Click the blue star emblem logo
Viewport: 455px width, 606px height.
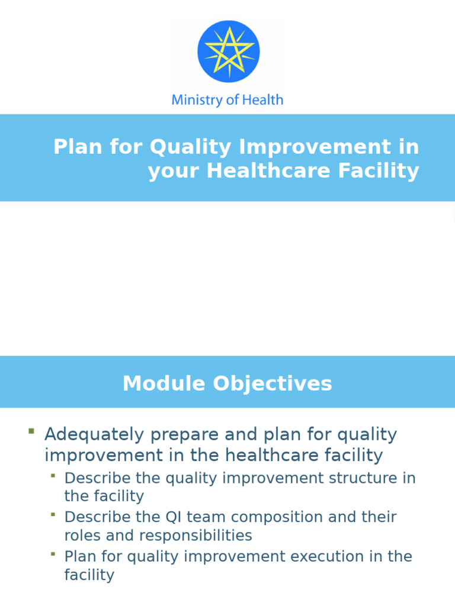pos(228,51)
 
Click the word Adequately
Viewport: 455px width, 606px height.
pos(94,434)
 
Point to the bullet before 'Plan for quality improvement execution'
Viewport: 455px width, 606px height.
pos(53,554)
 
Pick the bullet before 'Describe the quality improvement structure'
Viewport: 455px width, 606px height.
pos(53,475)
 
